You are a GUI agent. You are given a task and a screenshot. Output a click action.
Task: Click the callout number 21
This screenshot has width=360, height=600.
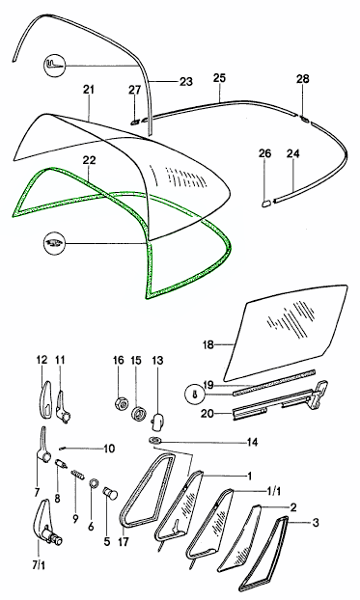[x=88, y=90]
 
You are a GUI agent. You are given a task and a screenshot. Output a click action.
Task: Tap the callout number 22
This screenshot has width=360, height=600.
[x=88, y=160]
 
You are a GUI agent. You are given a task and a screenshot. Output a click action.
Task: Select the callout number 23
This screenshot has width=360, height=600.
[x=185, y=81]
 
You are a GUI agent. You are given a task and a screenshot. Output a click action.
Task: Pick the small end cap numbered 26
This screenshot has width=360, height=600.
[x=265, y=201]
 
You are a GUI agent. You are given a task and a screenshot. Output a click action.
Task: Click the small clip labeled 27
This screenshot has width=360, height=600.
[x=134, y=122]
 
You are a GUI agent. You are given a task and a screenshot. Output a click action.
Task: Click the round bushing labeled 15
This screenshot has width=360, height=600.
[x=138, y=414]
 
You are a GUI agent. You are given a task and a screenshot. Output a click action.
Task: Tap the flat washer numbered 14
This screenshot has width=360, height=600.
[x=155, y=441]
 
